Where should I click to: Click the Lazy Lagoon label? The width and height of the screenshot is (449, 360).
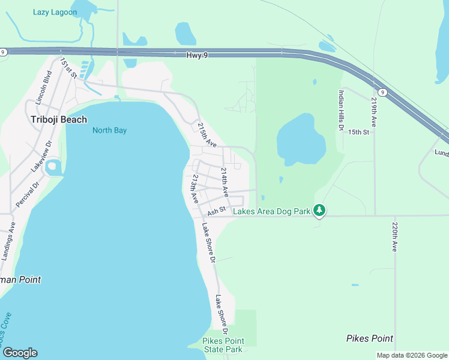click(55, 12)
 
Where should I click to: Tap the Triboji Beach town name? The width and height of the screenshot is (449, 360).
click(59, 119)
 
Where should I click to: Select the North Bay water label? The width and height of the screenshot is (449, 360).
click(109, 130)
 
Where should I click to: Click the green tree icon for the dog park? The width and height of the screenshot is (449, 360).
click(320, 210)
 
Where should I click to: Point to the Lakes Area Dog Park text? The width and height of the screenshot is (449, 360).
click(271, 211)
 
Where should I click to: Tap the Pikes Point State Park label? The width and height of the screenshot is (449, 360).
click(223, 345)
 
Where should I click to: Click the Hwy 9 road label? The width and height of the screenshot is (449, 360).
click(188, 55)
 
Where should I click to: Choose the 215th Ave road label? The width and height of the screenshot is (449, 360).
click(206, 135)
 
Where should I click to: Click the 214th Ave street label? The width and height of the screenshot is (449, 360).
click(224, 182)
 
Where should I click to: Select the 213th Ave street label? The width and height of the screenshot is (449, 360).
click(194, 188)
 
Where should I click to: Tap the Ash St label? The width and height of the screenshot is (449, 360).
click(216, 211)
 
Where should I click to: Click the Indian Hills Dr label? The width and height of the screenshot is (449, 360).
click(340, 110)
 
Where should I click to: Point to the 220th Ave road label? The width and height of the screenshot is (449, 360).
click(394, 236)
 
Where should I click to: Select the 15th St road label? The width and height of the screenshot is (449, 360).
click(358, 132)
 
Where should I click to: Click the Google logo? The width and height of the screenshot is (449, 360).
click(20, 353)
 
